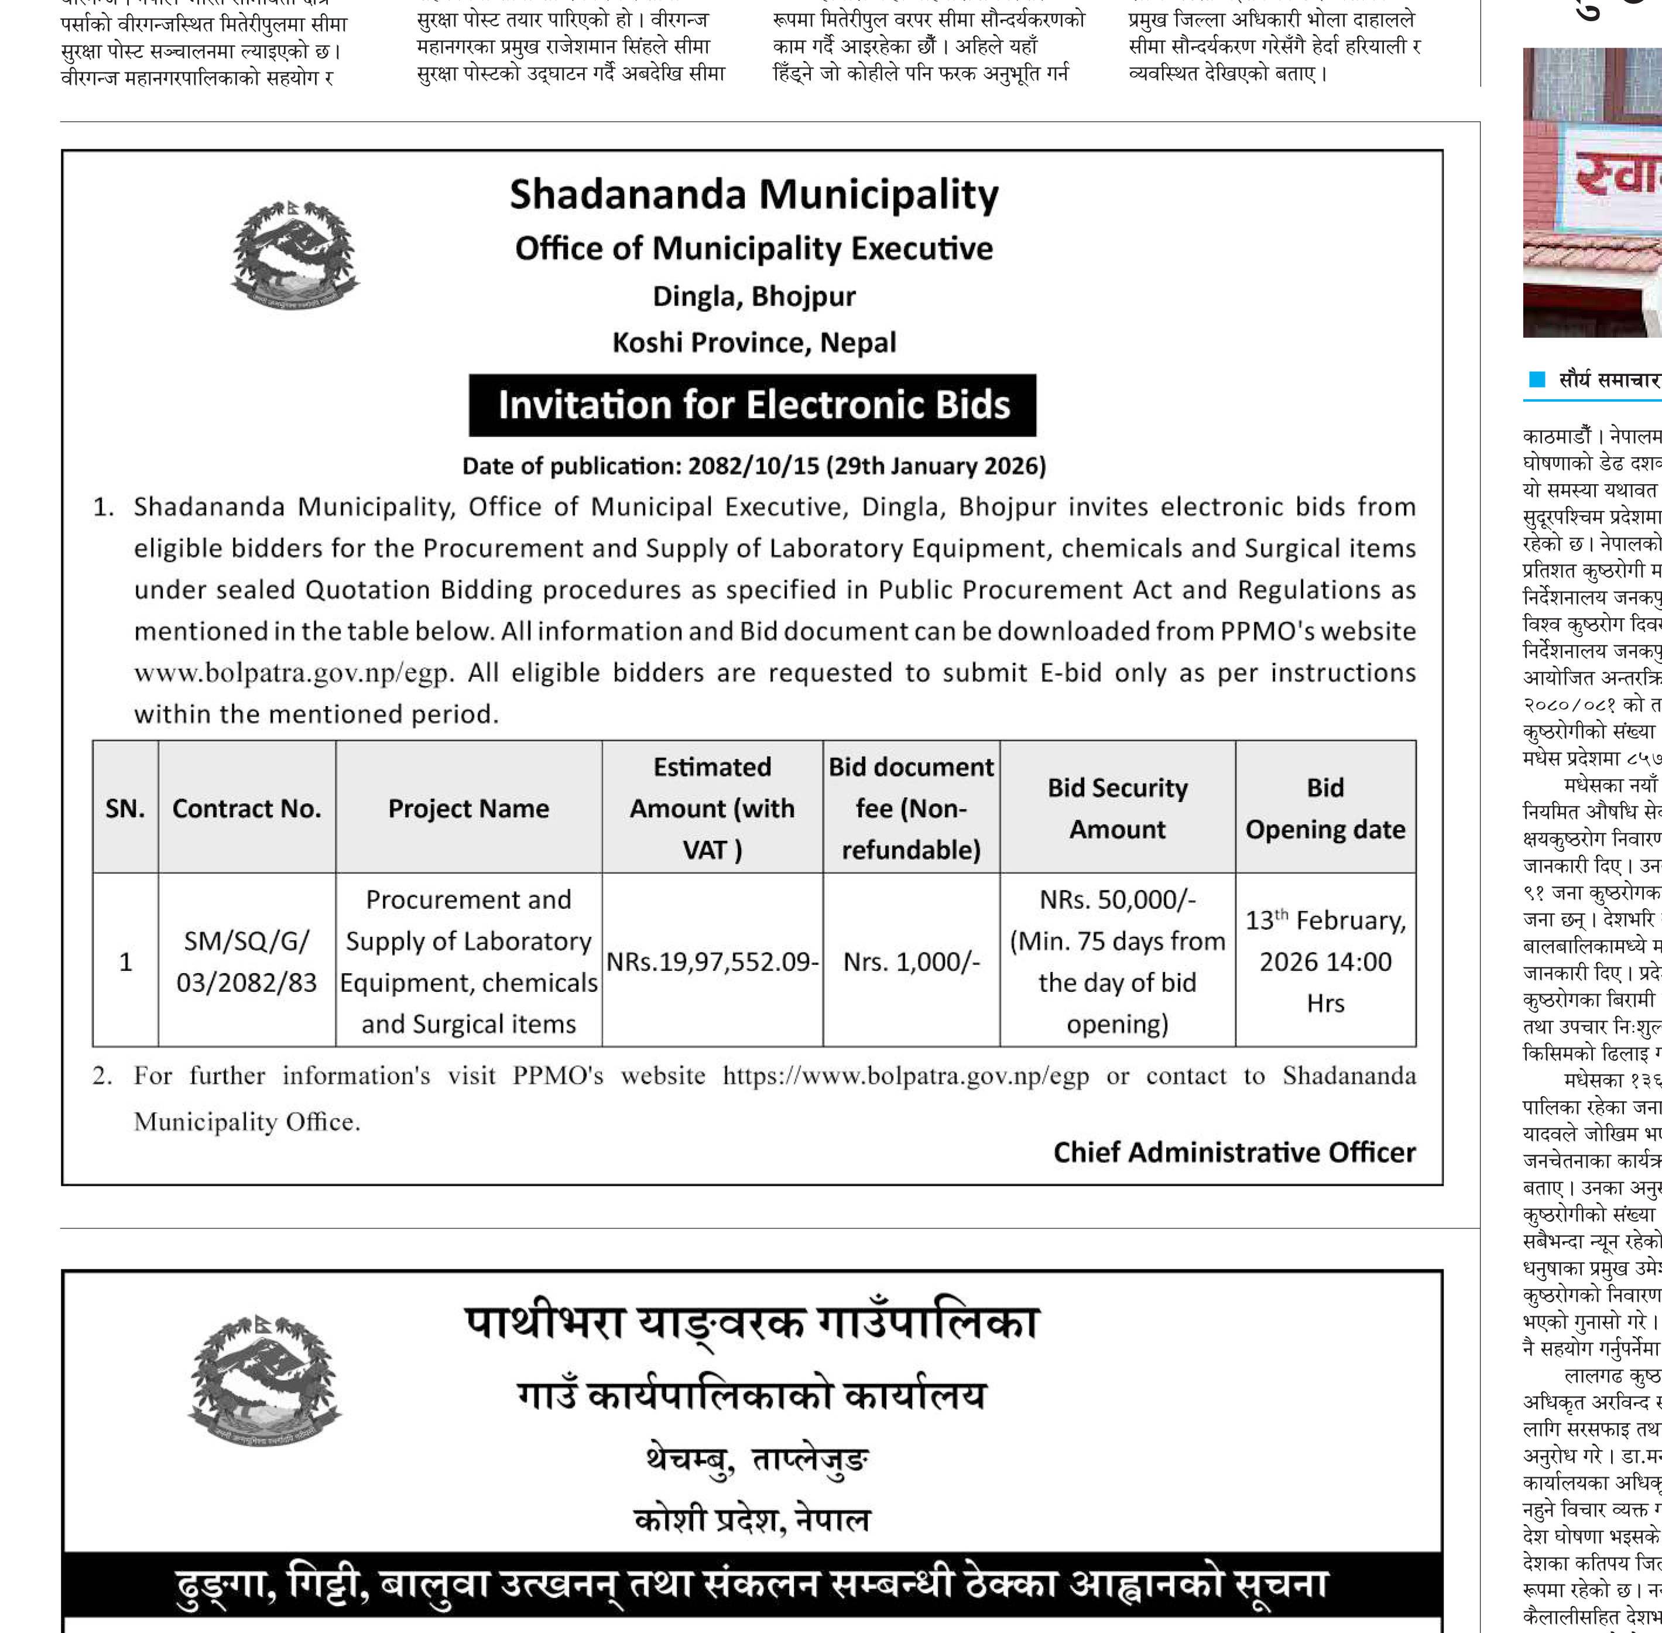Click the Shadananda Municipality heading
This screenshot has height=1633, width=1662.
(754, 195)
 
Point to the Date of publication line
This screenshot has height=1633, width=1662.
(754, 465)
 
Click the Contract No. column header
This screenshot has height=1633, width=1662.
(247, 808)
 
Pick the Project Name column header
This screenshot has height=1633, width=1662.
(468, 808)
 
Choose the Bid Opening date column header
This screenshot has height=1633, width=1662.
(1325, 808)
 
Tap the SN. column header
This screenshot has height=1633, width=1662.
(125, 808)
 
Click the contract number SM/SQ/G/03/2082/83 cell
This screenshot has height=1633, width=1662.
(247, 961)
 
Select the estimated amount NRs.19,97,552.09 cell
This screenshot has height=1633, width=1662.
(712, 961)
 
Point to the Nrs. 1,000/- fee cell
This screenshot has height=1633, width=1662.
(911, 961)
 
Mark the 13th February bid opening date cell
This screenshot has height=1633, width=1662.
(1325, 961)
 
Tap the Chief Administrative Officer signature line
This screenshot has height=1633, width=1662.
(1234, 1152)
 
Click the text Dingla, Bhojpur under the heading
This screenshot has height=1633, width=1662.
(754, 296)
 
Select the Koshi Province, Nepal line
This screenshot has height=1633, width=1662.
(754, 342)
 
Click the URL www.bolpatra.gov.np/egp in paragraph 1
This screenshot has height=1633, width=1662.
(292, 673)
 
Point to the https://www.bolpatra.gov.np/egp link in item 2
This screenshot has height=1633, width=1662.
(906, 1076)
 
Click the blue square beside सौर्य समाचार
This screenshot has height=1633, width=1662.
(1537, 379)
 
